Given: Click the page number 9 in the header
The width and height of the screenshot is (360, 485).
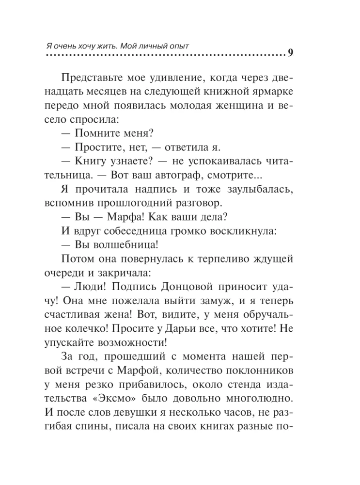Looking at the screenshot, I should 290,54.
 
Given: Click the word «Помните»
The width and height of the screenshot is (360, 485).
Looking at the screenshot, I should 101,132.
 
